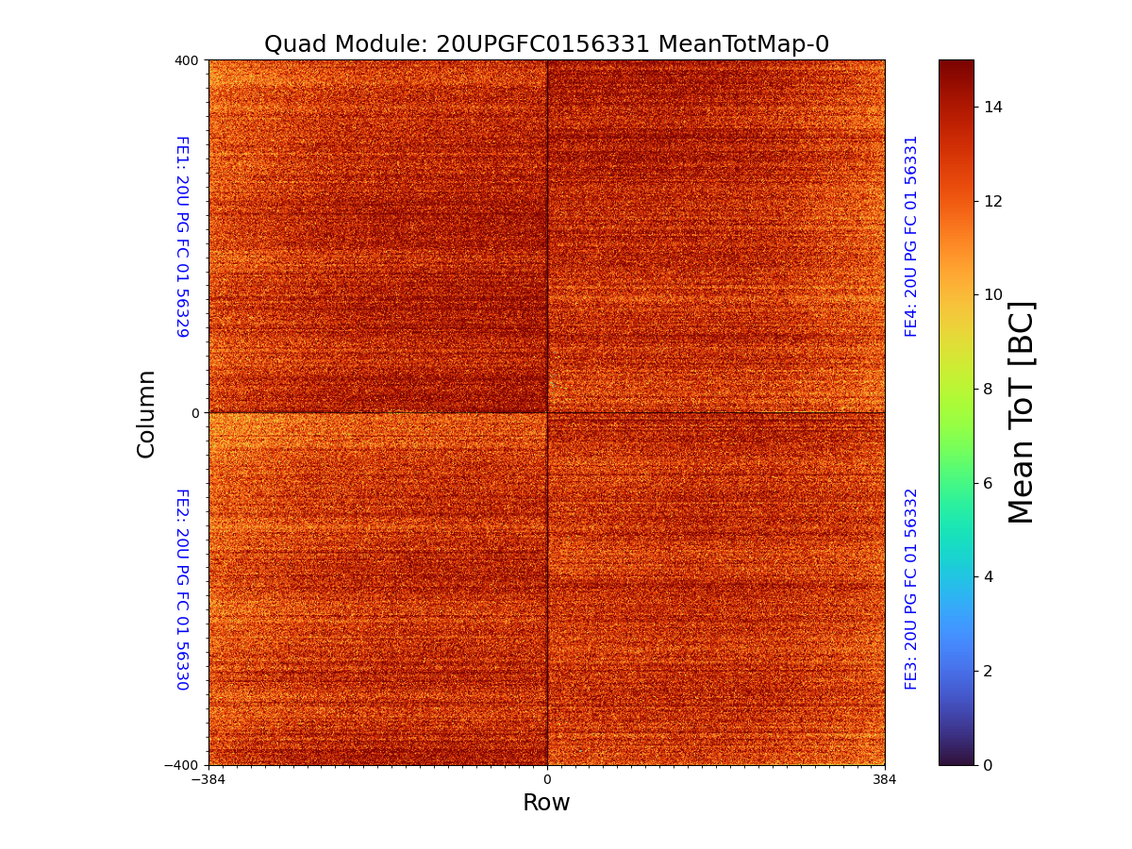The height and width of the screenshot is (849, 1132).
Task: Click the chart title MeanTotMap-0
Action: click(x=546, y=44)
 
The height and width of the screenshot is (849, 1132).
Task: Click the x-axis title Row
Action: click(x=546, y=803)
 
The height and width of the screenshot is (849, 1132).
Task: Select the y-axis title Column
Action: click(x=146, y=413)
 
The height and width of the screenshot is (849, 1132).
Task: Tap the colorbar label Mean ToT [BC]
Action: click(x=1022, y=412)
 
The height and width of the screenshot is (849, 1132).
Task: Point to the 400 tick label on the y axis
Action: click(x=187, y=60)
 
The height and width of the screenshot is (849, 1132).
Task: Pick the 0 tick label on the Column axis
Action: click(x=195, y=413)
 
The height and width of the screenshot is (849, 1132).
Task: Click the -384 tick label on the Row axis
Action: click(x=208, y=780)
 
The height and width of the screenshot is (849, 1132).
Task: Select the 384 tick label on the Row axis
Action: click(x=885, y=780)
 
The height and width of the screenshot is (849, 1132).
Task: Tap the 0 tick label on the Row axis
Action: click(x=547, y=780)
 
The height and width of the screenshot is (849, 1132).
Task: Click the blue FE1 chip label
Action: click(x=182, y=236)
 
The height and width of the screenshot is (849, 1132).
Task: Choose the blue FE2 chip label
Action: click(x=182, y=589)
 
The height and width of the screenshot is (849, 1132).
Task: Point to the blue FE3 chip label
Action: click(x=911, y=589)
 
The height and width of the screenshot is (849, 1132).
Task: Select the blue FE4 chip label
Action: click(x=911, y=236)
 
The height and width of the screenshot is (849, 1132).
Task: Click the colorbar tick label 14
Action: click(x=993, y=108)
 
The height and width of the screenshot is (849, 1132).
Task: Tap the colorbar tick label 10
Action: click(x=993, y=295)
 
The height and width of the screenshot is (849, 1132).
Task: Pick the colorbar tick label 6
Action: click(x=989, y=483)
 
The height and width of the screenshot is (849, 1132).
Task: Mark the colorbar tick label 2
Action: click(x=989, y=671)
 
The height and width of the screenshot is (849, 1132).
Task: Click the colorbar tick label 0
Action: click(x=989, y=765)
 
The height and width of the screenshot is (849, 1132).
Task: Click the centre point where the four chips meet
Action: click(x=547, y=412)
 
